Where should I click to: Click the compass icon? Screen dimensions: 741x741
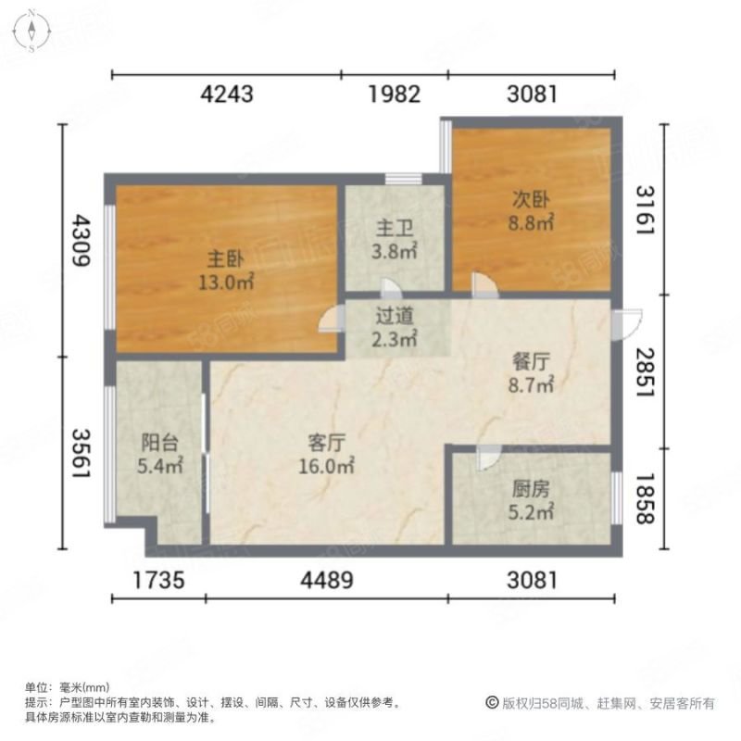pyautogui.click(x=31, y=31)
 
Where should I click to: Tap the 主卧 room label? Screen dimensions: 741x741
pyautogui.click(x=226, y=259)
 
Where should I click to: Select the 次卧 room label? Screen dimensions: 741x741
pyautogui.click(x=531, y=199)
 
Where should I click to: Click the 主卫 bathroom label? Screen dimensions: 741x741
pyautogui.click(x=395, y=228)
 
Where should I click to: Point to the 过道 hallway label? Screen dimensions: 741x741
pyautogui.click(x=395, y=316)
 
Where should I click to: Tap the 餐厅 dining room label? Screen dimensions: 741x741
pyautogui.click(x=531, y=362)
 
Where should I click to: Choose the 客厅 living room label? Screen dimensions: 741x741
pyautogui.click(x=326, y=443)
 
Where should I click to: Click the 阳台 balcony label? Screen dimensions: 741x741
pyautogui.click(x=159, y=443)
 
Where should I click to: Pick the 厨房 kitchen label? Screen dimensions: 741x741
pyautogui.click(x=531, y=489)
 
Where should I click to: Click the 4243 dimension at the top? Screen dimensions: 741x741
pyautogui.click(x=227, y=94)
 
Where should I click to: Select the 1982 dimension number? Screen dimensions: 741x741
pyautogui.click(x=395, y=94)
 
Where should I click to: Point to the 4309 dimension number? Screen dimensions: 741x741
pyautogui.click(x=81, y=241)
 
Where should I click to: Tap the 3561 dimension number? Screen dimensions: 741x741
pyautogui.click(x=81, y=454)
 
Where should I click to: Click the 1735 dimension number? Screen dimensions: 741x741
pyautogui.click(x=158, y=581)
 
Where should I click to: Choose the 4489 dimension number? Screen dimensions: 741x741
pyautogui.click(x=327, y=581)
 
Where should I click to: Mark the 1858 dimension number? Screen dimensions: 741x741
pyautogui.click(x=645, y=499)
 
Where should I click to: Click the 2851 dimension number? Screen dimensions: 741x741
pyautogui.click(x=645, y=372)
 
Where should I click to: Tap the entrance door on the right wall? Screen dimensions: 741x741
pyautogui.click(x=627, y=324)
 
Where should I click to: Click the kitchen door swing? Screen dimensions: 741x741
pyautogui.click(x=489, y=458)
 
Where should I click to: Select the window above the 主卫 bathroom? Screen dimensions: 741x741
pyautogui.click(x=403, y=179)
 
